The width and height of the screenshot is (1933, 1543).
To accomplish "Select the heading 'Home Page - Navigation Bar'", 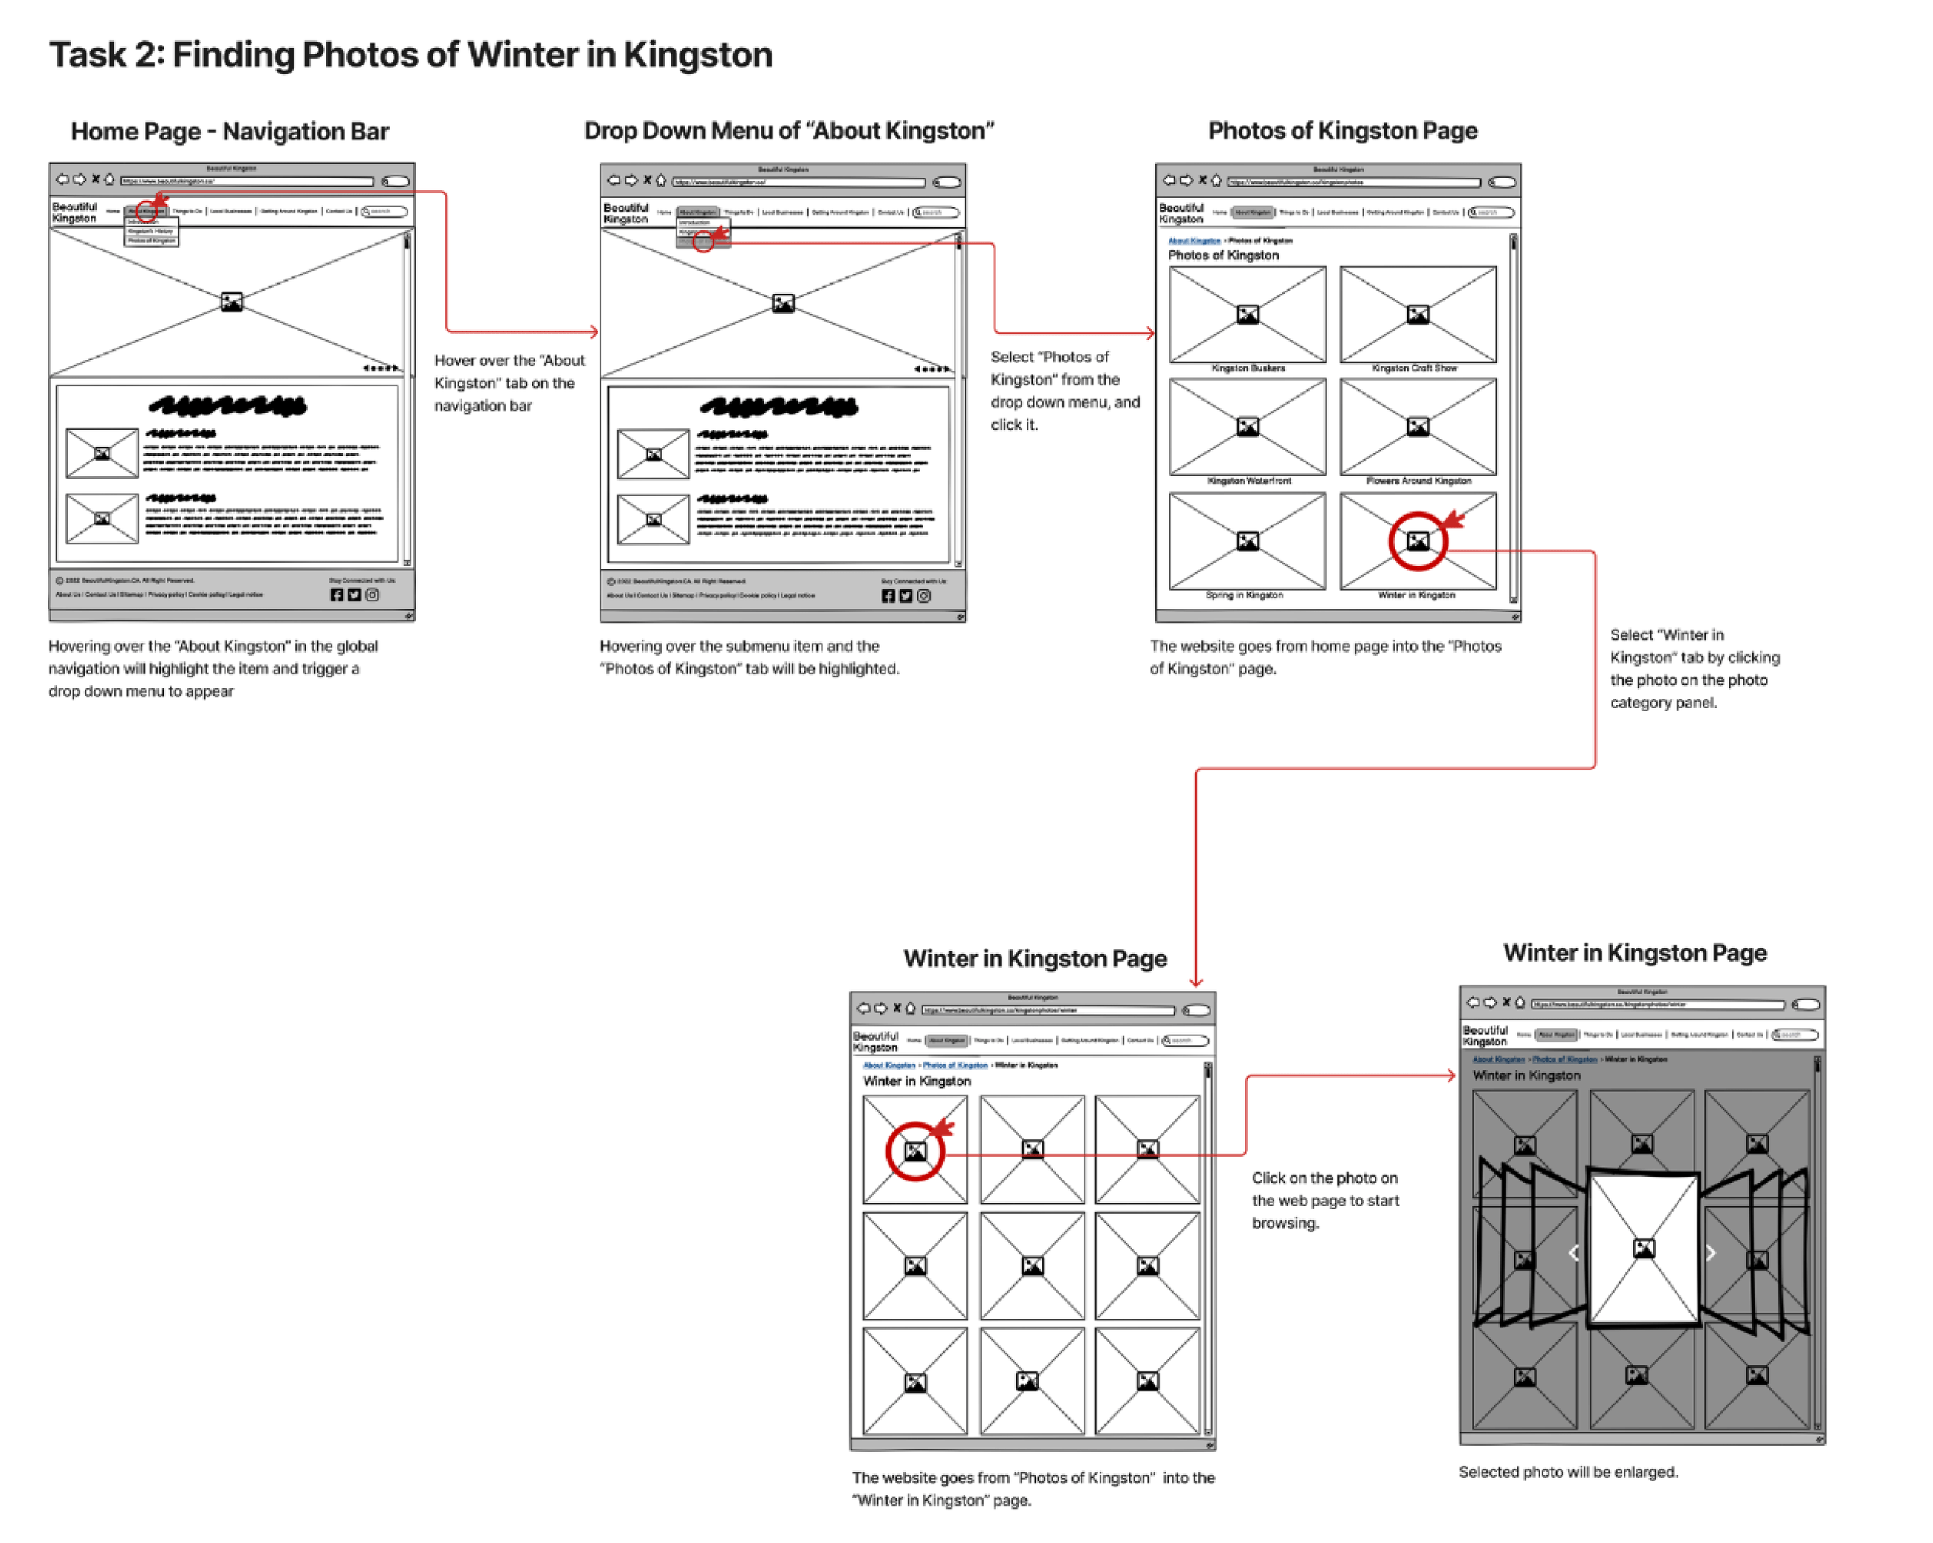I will point(230,132).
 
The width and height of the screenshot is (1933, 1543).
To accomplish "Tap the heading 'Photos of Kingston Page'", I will point(1341,131).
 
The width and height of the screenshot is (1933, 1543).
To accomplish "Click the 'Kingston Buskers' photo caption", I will point(1247,369).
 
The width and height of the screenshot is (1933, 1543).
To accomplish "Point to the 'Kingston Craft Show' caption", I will point(1414,369).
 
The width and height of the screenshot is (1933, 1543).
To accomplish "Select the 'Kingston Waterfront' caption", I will point(1249,482).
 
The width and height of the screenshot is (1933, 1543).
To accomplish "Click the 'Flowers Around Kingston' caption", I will point(1418,482).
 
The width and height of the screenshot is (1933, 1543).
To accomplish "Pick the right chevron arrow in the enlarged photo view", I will point(1710,1253).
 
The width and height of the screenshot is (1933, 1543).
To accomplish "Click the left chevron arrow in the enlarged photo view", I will point(1573,1253).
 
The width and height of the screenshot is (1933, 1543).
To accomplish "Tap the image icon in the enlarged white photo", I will point(1643,1249).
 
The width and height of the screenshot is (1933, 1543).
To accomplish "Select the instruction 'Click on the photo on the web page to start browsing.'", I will point(1324,1200).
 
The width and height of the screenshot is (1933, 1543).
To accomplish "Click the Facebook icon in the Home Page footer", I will point(336,595).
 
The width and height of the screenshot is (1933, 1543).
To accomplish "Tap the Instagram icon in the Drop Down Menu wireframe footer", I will point(923,596).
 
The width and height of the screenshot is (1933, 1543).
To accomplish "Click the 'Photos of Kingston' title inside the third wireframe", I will point(1223,256).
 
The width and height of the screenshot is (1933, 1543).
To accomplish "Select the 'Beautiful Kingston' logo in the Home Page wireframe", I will point(74,213).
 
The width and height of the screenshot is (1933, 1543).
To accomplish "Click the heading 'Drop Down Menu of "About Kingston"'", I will point(788,131).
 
